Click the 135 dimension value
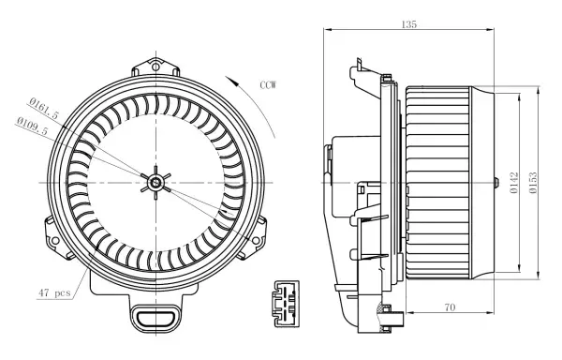pyautogui.click(x=409, y=24)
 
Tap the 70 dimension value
pyautogui.click(x=450, y=307)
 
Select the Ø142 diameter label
pyautogui.click(x=514, y=183)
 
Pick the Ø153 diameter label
pyautogui.click(x=533, y=183)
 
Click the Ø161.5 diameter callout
pyautogui.click(x=43, y=108)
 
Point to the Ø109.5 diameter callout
pyautogui.click(x=32, y=126)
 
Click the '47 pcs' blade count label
pyautogui.click(x=54, y=292)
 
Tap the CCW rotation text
pyautogui.click(x=268, y=85)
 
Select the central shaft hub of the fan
pyautogui.click(x=155, y=183)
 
